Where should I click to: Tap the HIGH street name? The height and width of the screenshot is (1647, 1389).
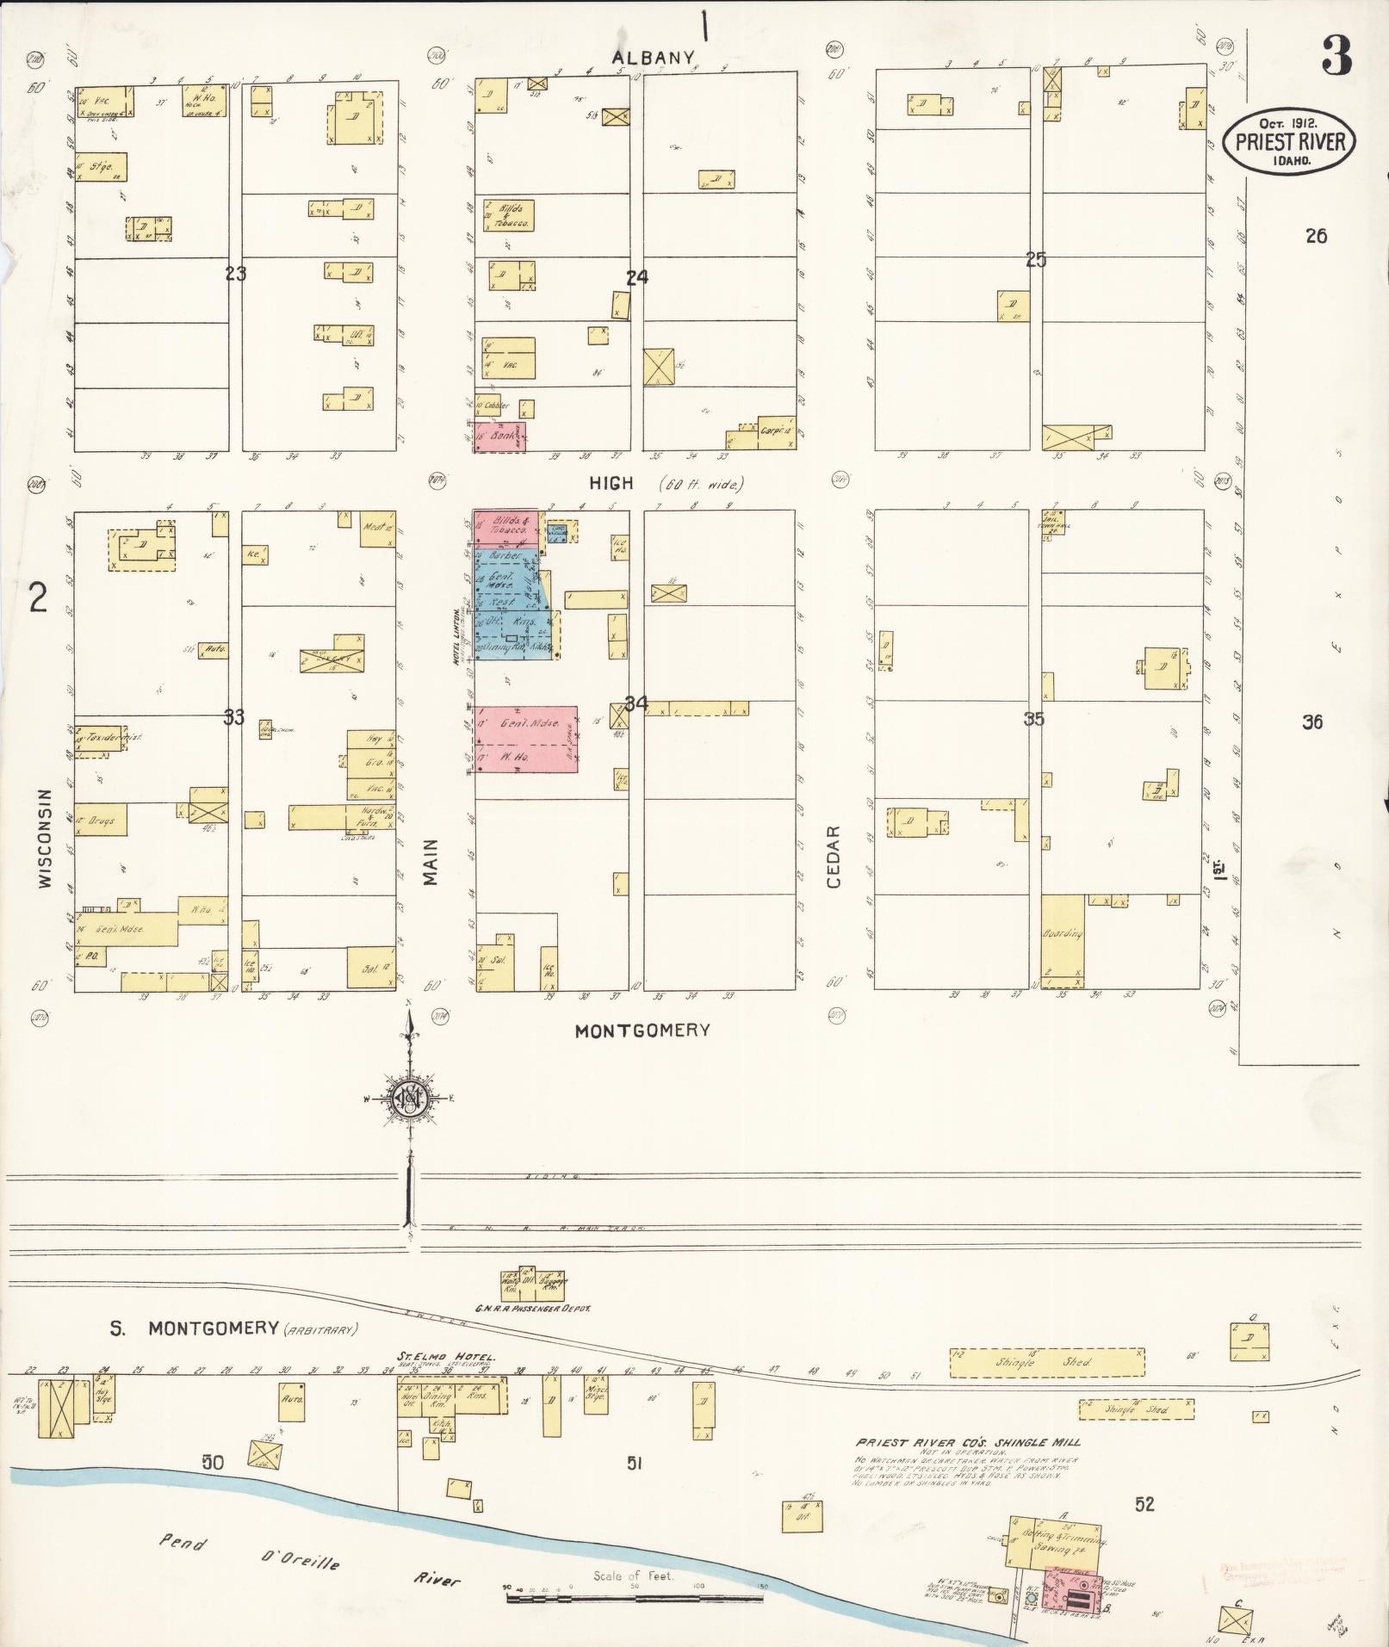(x=611, y=484)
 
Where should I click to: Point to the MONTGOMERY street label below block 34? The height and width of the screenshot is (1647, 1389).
(x=642, y=1030)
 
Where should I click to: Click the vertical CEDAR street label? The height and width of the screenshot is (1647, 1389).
(x=833, y=858)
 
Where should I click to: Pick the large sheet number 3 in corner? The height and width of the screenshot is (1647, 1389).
(x=1336, y=55)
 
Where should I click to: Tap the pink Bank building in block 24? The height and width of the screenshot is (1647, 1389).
(x=499, y=437)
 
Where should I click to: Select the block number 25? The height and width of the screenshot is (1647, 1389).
(x=1035, y=259)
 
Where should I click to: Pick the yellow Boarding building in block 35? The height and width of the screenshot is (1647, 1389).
(x=1062, y=940)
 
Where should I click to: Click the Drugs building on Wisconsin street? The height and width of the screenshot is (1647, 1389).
(x=100, y=820)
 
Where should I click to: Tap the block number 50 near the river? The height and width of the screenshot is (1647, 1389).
(x=213, y=1462)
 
